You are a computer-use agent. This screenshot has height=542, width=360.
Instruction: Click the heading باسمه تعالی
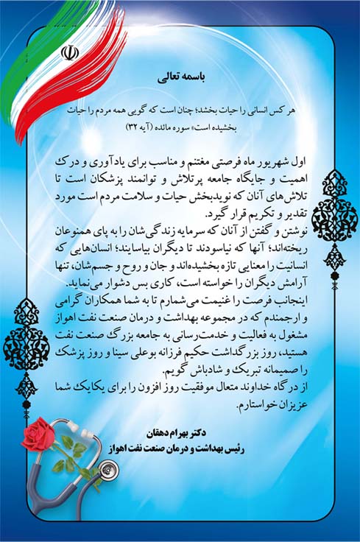coord(180,76)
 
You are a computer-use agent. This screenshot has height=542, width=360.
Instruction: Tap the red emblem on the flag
coord(71,53)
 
